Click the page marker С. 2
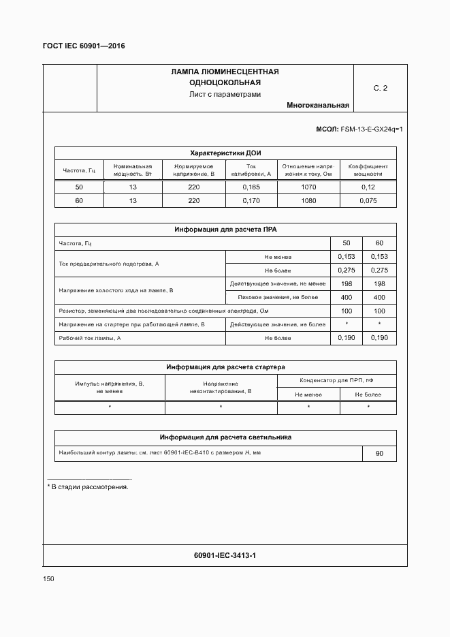point(380,88)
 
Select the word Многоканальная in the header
point(317,106)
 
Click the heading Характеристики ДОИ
point(225,153)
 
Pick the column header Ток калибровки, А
point(251,170)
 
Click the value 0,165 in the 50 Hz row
point(251,187)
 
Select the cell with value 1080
point(308,201)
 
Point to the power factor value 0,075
point(368,201)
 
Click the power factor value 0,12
point(368,187)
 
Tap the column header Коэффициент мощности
point(368,170)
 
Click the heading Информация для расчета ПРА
point(225,230)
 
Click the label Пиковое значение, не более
point(277,298)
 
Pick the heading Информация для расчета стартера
point(225,367)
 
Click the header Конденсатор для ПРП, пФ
point(336,380)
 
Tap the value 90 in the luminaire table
point(379,454)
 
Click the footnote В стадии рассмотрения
point(88,487)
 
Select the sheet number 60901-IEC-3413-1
point(225,556)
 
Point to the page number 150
point(48,578)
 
